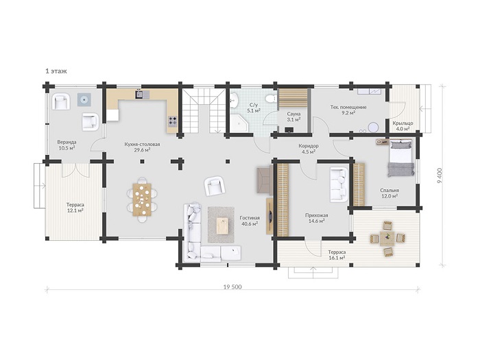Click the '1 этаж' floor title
tap(56, 71)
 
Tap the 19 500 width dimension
tap(232, 287)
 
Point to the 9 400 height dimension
tap(440, 176)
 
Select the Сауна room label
tap(293, 114)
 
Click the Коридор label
tap(309, 145)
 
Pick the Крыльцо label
tap(403, 123)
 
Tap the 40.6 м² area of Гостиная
tap(250, 224)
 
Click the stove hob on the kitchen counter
tap(173, 121)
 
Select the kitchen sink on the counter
tap(142, 94)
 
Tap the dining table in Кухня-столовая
tap(142, 200)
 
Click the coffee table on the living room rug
tap(223, 226)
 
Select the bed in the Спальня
tap(401, 158)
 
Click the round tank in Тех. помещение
tap(373, 127)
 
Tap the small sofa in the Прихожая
tap(339, 184)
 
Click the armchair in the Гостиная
tap(215, 186)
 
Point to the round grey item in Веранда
tap(84, 99)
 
